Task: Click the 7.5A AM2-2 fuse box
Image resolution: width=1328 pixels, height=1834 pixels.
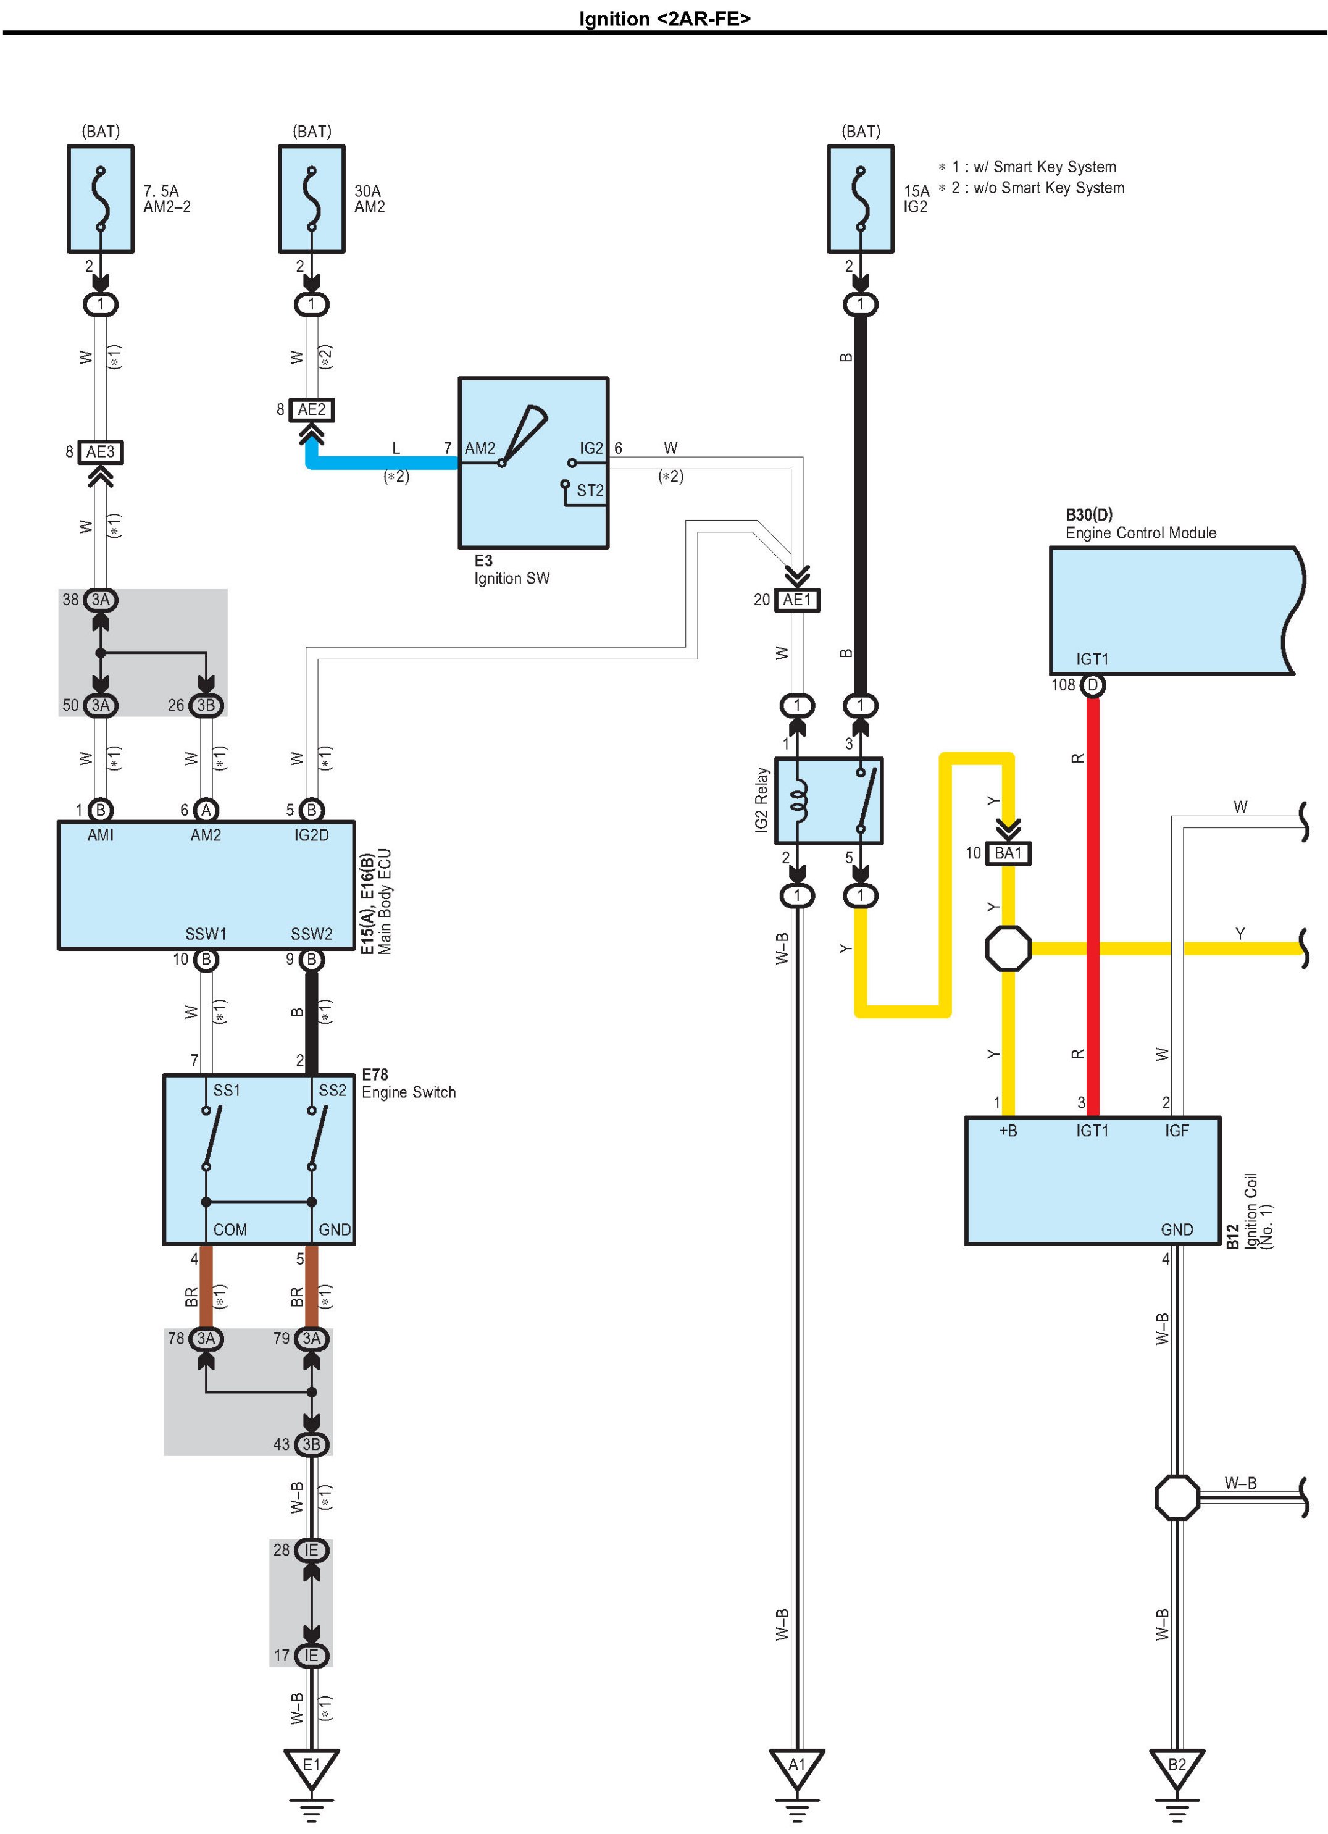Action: tap(100, 199)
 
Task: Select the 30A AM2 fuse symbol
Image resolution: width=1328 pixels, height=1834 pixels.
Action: tap(311, 199)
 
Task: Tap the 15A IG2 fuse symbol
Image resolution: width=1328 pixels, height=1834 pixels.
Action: tap(860, 199)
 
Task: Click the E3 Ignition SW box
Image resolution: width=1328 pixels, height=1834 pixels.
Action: tap(533, 463)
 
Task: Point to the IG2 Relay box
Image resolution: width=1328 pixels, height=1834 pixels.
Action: tap(829, 800)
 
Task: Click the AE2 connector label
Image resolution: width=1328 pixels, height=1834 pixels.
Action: tap(311, 410)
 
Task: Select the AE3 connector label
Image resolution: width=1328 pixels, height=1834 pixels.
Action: tap(100, 452)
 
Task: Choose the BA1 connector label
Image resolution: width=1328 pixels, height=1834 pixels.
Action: tap(1008, 853)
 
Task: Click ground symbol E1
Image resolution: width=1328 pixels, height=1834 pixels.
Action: tap(311, 1769)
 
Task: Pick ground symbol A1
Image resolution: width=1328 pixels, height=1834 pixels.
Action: tap(797, 1769)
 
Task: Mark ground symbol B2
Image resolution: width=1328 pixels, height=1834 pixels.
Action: tap(1177, 1769)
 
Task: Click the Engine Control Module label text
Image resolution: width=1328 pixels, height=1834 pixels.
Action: tap(1140, 533)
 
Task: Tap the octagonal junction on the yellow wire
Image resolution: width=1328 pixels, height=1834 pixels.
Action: tap(1008, 948)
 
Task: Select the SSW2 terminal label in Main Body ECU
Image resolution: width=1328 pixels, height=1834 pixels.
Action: tap(311, 934)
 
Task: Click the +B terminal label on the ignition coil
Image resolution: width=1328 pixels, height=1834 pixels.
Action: tap(1008, 1131)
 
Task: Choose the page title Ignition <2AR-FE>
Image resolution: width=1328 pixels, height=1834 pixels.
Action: tap(664, 19)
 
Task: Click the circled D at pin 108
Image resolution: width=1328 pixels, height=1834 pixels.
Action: tap(1093, 685)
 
